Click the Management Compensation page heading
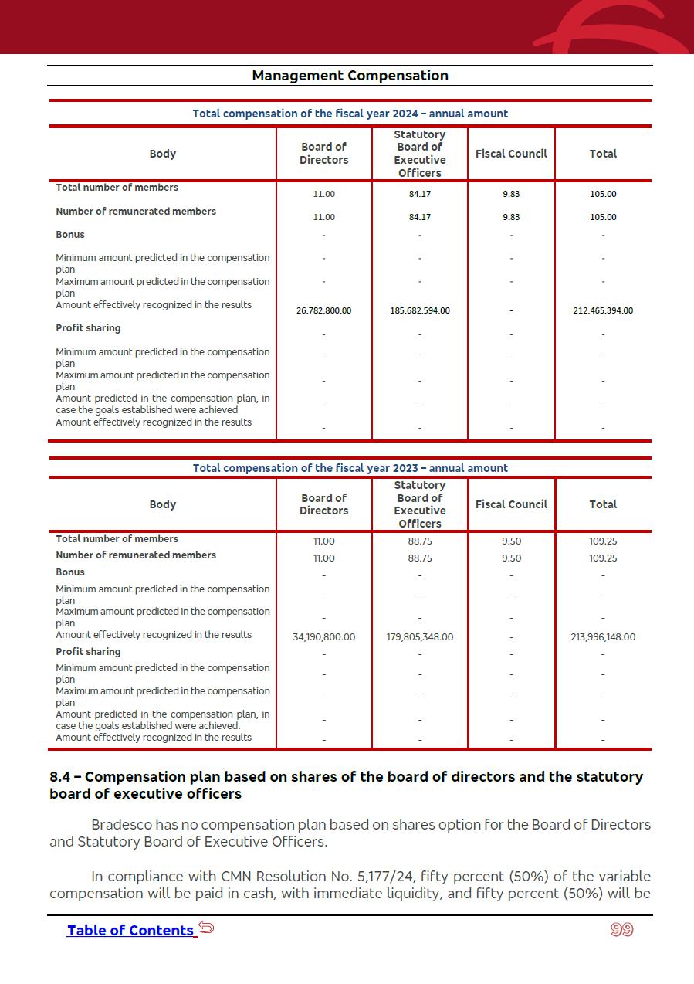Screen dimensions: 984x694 pyautogui.click(x=350, y=76)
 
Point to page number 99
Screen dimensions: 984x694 pyautogui.click(x=621, y=930)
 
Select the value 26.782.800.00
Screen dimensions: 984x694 pyautogui.click(x=323, y=310)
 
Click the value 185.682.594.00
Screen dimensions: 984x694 pyautogui.click(x=420, y=310)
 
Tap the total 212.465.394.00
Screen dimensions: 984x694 pyautogui.click(x=603, y=310)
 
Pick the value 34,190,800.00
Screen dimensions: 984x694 pyautogui.click(x=323, y=637)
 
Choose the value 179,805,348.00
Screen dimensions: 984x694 pyautogui.click(x=420, y=637)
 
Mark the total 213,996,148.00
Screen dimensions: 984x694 pyautogui.click(x=603, y=637)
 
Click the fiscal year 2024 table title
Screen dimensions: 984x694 pyautogui.click(x=350, y=114)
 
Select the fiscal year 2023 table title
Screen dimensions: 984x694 pyautogui.click(x=350, y=468)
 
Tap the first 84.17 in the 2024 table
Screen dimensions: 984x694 pyautogui.click(x=420, y=194)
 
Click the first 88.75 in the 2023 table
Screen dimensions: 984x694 pyautogui.click(x=420, y=541)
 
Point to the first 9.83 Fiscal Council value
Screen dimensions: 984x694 pyautogui.click(x=511, y=194)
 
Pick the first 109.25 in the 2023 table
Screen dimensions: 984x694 pyautogui.click(x=603, y=541)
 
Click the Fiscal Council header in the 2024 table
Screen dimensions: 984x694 pyautogui.click(x=511, y=154)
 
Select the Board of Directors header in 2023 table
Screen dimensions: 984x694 pyautogui.click(x=323, y=504)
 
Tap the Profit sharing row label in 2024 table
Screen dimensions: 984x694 pyautogui.click(x=88, y=328)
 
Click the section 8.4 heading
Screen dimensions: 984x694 pyautogui.click(x=346, y=785)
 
